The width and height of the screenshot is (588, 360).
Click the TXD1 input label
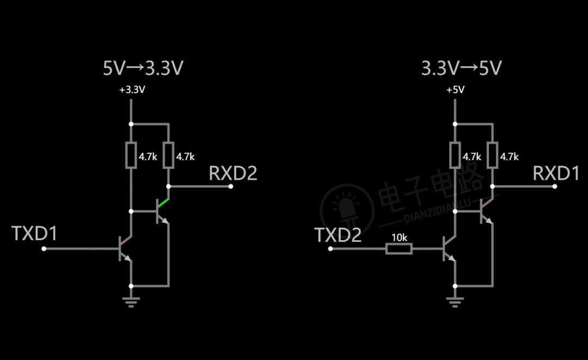tap(34, 233)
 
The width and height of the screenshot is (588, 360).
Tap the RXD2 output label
tap(233, 173)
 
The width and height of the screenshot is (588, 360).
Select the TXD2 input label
tap(338, 235)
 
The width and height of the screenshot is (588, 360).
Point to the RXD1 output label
tap(556, 173)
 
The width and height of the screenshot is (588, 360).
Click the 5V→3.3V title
tap(143, 68)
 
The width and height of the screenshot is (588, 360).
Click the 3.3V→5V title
tap(462, 68)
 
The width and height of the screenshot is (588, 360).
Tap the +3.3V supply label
tap(132, 90)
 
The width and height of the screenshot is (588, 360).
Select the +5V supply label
tap(455, 90)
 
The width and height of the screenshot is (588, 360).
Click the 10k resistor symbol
tap(399, 249)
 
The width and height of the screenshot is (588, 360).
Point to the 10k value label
tap(400, 237)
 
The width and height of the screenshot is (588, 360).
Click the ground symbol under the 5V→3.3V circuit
tap(131, 302)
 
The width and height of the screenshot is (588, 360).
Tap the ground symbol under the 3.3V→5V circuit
tap(455, 302)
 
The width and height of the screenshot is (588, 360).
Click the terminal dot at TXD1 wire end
tap(44, 249)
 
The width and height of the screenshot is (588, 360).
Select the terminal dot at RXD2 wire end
tap(231, 186)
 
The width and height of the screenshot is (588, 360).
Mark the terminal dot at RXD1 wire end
tap(555, 186)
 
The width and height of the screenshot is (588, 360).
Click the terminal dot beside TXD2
tap(330, 249)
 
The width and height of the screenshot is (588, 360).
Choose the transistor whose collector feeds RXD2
tap(163, 211)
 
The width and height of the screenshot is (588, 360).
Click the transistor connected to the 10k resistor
tap(449, 249)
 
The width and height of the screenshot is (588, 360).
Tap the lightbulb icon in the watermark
tap(347, 209)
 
